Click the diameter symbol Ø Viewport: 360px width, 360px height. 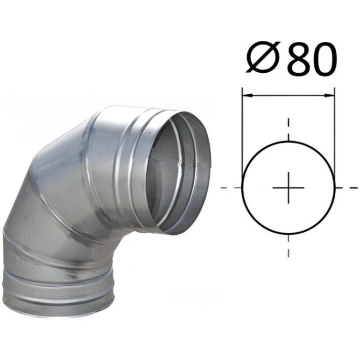click(x=263, y=59)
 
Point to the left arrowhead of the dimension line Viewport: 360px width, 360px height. click(x=248, y=95)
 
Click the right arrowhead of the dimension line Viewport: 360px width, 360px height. click(x=329, y=95)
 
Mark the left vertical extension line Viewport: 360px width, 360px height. click(x=242, y=133)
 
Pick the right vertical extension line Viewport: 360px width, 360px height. click(x=334, y=133)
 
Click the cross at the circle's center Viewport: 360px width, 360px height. click(x=288, y=188)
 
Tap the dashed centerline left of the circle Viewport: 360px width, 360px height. click(x=231, y=188)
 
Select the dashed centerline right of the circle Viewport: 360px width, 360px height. click(x=347, y=188)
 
